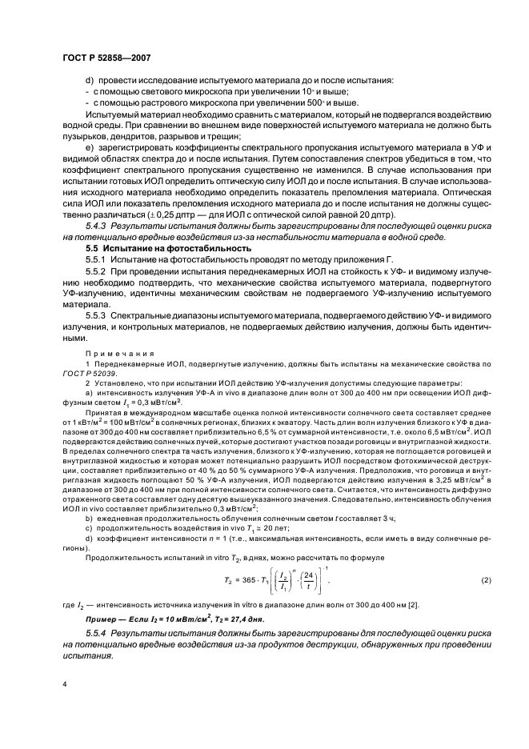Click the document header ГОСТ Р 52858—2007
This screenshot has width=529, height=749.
[104, 58]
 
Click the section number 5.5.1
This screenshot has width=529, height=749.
[98, 261]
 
